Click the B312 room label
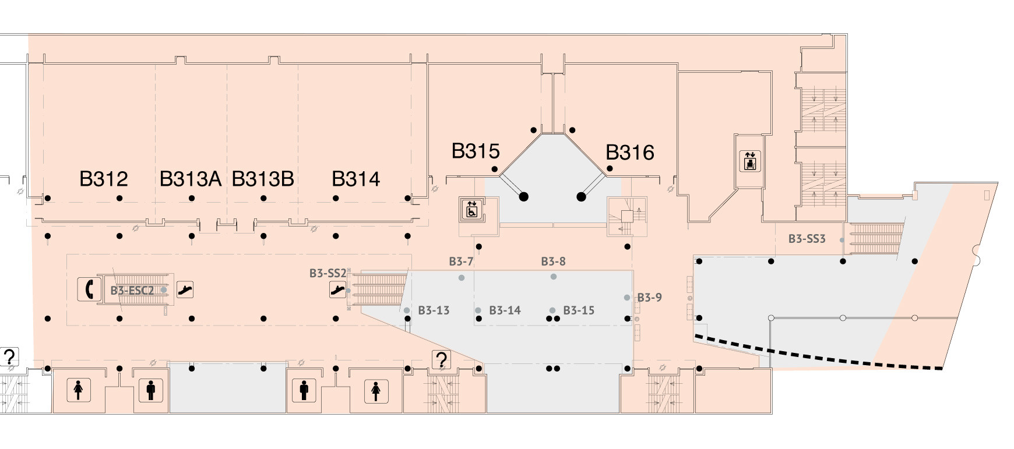coord(103,179)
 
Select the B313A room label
coord(191,179)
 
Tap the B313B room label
coord(263,179)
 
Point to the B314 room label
coord(355,179)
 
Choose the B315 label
coord(476,151)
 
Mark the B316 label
coord(630,153)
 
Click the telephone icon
coord(89,289)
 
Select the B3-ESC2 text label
coord(132,290)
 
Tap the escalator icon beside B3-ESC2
coord(185,289)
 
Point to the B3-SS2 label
coord(328,273)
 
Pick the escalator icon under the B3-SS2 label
coord(337,289)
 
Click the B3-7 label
coord(461,262)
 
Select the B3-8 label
coord(553,261)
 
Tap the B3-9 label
coord(649,298)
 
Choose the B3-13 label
coord(434,310)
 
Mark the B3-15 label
coord(579,310)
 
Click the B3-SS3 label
coord(807,239)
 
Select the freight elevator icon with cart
coord(749,161)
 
